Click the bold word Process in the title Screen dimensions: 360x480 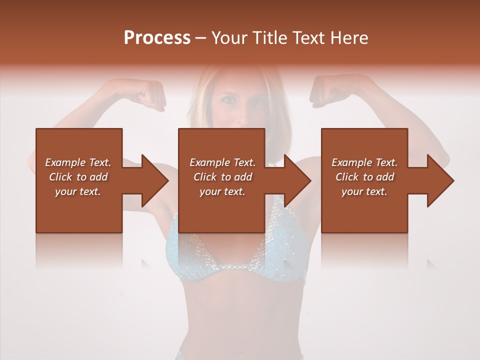click(x=157, y=38)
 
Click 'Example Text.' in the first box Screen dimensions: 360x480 click(x=78, y=162)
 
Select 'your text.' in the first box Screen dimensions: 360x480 click(x=78, y=191)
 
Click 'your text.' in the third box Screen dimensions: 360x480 click(x=364, y=191)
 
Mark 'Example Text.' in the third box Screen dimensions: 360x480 click(x=364, y=162)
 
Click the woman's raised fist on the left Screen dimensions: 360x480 click(x=150, y=94)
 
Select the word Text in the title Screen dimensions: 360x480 click(x=307, y=38)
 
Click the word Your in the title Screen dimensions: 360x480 click(x=229, y=38)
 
